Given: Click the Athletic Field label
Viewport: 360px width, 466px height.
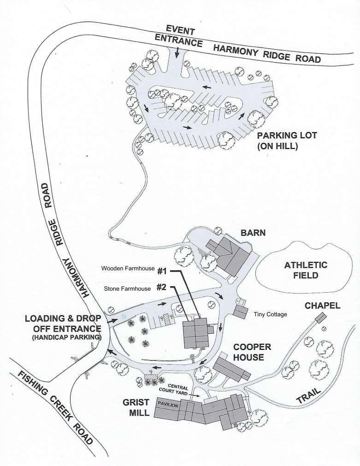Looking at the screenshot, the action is click(x=306, y=270).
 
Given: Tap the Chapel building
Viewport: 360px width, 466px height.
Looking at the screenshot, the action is click(x=320, y=318).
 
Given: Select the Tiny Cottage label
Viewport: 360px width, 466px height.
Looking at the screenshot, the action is click(x=270, y=314).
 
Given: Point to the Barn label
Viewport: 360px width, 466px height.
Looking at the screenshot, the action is click(x=253, y=232).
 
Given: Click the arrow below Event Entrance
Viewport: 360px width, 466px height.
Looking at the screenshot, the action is click(x=177, y=53).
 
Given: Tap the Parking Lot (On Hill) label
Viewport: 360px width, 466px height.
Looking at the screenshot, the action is click(x=287, y=141).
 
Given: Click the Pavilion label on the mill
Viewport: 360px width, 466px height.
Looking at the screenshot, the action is click(x=168, y=405).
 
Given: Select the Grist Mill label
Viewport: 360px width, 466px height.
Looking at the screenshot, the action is click(x=136, y=407).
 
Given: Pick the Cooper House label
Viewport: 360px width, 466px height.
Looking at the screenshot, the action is click(x=252, y=352).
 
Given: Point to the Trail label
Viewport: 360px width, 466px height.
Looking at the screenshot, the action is click(x=309, y=395).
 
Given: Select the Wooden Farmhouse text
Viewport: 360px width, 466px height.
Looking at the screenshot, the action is click(x=128, y=268).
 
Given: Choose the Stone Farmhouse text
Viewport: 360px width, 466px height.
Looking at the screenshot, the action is click(x=127, y=289).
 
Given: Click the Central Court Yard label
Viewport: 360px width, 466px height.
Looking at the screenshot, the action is click(x=174, y=390).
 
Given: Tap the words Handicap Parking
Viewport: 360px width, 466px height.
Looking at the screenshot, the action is click(x=66, y=337).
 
